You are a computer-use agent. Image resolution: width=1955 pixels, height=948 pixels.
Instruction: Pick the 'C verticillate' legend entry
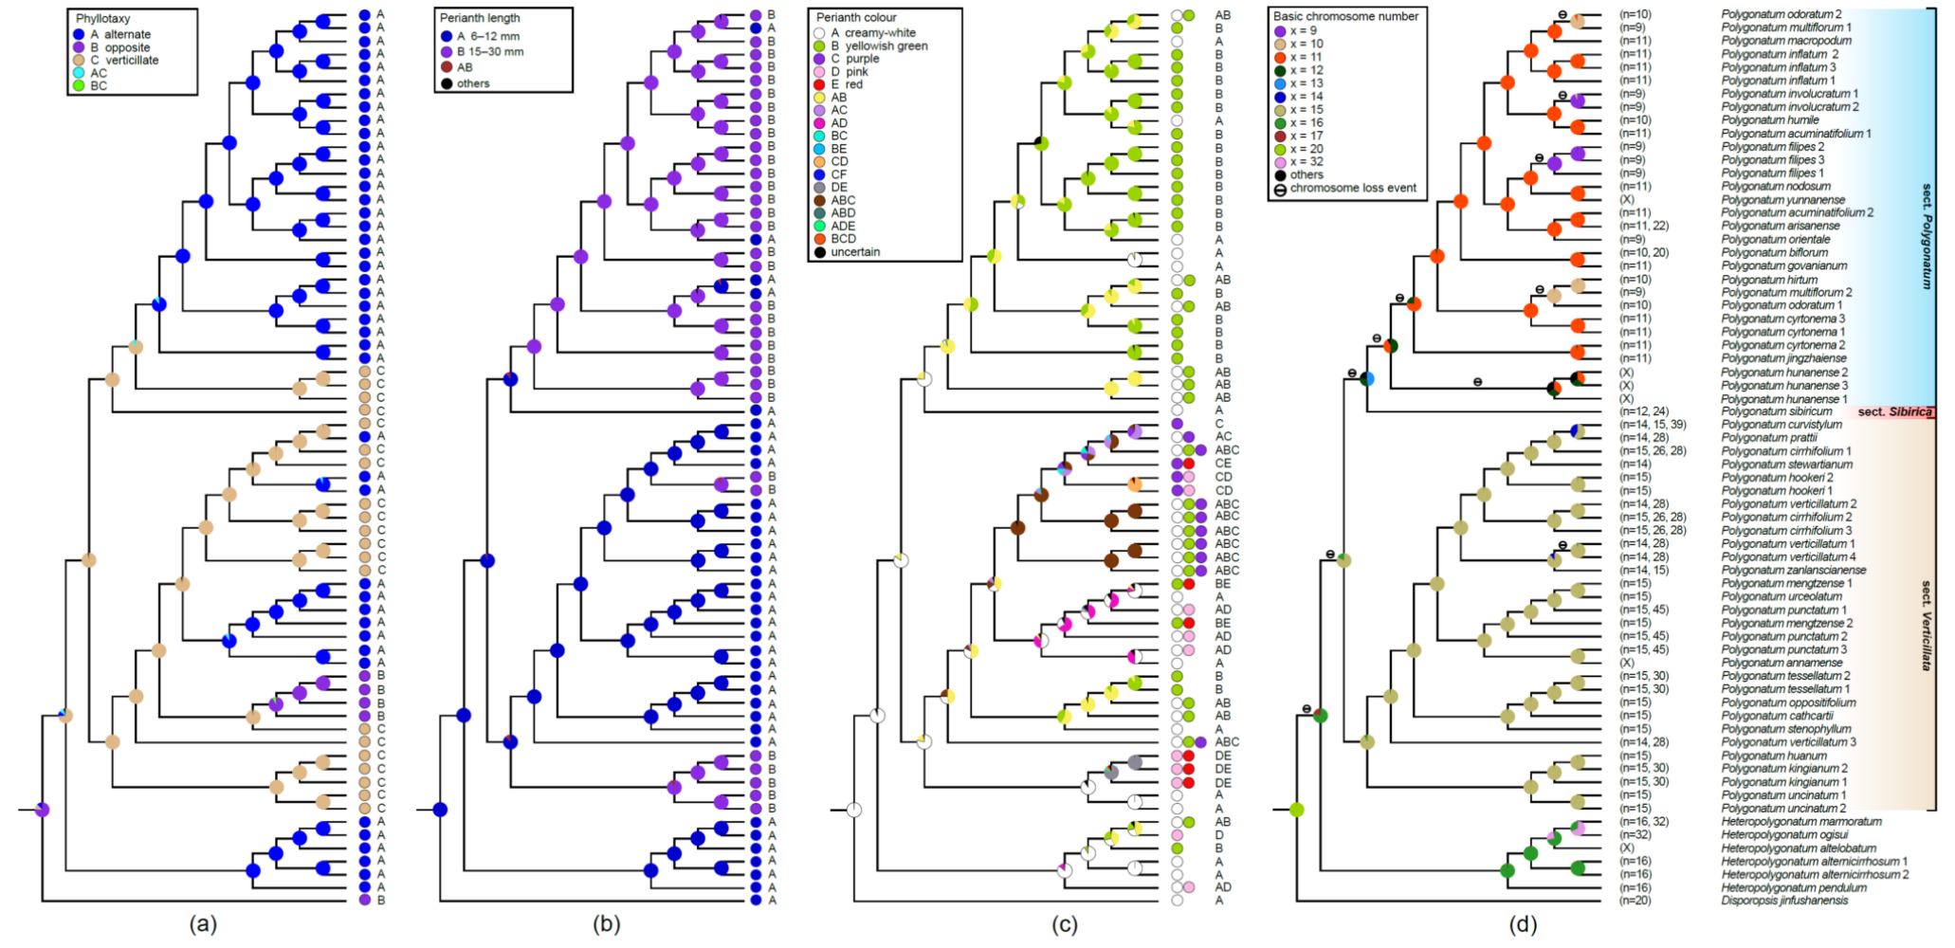click(x=124, y=60)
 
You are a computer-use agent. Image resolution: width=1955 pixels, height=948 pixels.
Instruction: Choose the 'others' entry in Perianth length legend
click(x=472, y=83)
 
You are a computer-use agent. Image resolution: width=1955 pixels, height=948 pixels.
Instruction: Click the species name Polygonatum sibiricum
click(x=1770, y=411)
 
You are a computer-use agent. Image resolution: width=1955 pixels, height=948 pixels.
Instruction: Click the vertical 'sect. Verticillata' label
click(x=1926, y=626)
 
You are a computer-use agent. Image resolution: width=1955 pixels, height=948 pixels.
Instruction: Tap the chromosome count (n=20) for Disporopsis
click(x=1635, y=901)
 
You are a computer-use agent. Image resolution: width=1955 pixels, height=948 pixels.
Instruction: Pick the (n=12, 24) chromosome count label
click(x=1644, y=411)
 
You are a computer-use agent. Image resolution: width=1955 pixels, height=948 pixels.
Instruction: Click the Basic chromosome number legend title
click(x=1345, y=16)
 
